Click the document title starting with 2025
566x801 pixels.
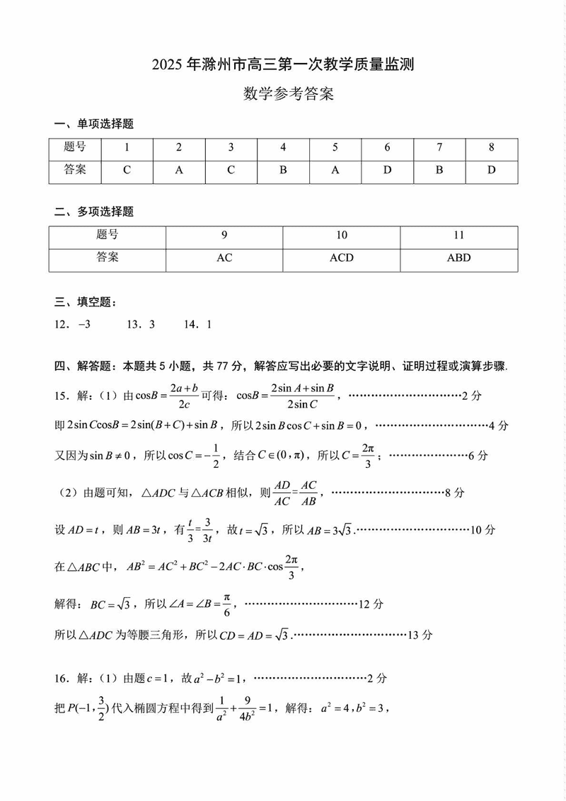point(282,65)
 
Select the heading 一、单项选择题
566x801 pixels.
point(94,124)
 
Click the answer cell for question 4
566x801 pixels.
point(283,170)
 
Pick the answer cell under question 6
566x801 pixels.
point(387,170)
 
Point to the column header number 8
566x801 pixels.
point(491,147)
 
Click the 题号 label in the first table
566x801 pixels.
point(75,147)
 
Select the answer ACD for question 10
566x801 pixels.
point(342,258)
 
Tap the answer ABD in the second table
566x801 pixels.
point(458,258)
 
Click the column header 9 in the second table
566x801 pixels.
point(224,235)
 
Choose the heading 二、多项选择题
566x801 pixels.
point(94,212)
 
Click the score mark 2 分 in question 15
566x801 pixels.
point(470,396)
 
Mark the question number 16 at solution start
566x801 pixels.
point(62,678)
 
